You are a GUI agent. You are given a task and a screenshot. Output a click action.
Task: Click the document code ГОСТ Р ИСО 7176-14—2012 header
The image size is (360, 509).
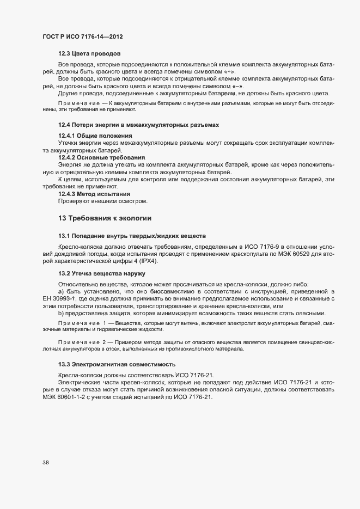(x=82, y=36)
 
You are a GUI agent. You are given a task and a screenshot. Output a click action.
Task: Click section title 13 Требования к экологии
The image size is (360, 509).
(x=105, y=218)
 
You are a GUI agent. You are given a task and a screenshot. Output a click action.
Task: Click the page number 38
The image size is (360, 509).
(x=46, y=462)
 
